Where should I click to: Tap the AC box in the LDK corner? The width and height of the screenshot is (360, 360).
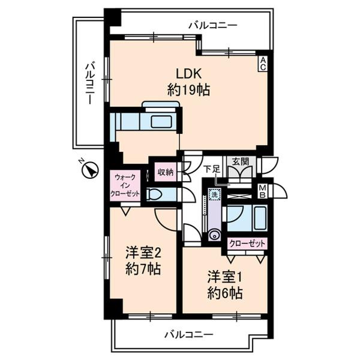click(x=263, y=63)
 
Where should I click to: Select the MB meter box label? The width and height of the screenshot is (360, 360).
click(x=262, y=191)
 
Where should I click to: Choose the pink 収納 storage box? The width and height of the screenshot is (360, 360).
click(x=166, y=172)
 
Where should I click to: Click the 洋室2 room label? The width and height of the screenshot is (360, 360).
click(x=142, y=252)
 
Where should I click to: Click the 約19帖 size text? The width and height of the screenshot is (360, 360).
click(x=184, y=91)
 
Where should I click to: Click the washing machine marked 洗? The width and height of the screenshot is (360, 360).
click(x=215, y=195)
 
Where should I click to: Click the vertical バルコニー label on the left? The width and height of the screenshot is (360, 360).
click(x=89, y=84)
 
